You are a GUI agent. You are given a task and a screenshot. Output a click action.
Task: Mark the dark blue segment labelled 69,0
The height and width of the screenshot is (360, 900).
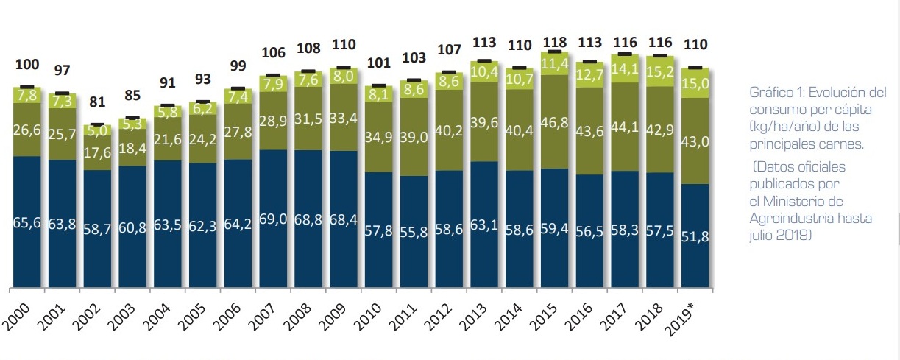[274, 218]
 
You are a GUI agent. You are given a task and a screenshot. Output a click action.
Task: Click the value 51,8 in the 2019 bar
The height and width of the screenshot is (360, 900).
[695, 236]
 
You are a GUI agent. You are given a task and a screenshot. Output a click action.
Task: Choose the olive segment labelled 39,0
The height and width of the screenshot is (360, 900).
[414, 137]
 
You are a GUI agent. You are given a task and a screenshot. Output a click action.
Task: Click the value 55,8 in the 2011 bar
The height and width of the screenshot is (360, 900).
[414, 231]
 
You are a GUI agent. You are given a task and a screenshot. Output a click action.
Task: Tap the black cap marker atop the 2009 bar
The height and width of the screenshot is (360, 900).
[344, 68]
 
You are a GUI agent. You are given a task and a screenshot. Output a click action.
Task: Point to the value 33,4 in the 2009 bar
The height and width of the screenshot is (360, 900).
[344, 117]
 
